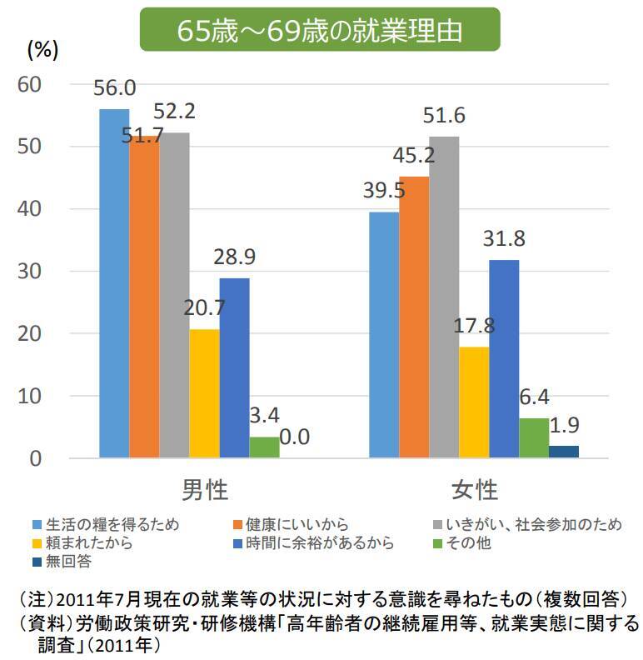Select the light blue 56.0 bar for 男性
coord(114,283)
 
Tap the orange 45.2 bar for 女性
coord(414,317)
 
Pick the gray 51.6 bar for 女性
coord(444,297)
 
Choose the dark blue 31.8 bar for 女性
coord(504,358)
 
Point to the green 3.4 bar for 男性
coord(264,447)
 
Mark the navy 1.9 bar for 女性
coord(564,452)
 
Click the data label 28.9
coord(233,257)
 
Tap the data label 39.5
coord(384,191)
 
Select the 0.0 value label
coord(294,437)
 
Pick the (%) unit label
coord(42,49)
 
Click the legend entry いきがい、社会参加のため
coord(533,525)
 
